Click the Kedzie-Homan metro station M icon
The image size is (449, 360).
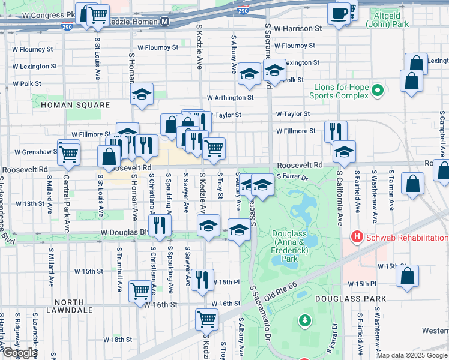164,22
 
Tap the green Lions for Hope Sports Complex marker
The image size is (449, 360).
377,91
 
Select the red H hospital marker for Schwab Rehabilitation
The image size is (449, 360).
358,237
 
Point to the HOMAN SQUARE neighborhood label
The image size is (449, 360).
76,105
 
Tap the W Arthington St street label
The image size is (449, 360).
231,97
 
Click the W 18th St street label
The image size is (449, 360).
117,340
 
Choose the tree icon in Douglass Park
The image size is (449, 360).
306,322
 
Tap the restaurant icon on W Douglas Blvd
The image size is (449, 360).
160,225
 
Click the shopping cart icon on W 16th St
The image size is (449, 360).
140,290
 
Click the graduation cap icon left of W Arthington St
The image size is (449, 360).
142,94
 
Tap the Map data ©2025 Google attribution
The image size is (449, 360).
412,355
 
